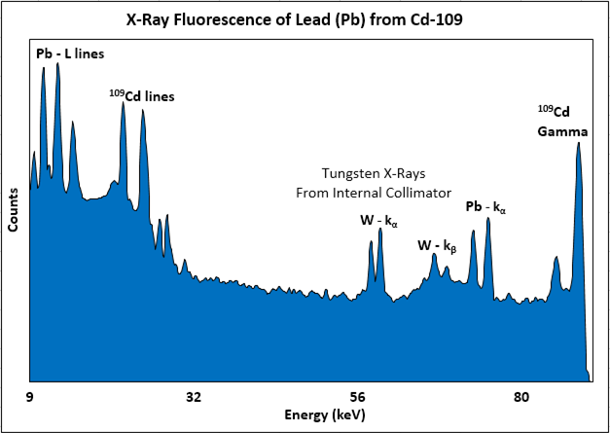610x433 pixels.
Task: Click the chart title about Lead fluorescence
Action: click(304, 18)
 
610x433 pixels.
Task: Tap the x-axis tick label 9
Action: click(30, 397)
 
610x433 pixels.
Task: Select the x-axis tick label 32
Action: click(194, 397)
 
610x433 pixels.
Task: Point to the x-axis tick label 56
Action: click(357, 397)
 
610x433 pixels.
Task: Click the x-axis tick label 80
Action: click(521, 397)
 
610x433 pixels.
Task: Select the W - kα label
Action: click(378, 221)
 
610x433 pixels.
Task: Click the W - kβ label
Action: click(437, 245)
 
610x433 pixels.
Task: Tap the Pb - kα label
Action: click(486, 206)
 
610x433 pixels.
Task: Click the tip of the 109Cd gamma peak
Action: click(579, 143)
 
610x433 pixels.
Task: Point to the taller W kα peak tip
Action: click(379, 230)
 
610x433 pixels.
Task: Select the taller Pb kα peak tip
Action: click(487, 218)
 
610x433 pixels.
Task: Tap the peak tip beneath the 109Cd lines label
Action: click(123, 103)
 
